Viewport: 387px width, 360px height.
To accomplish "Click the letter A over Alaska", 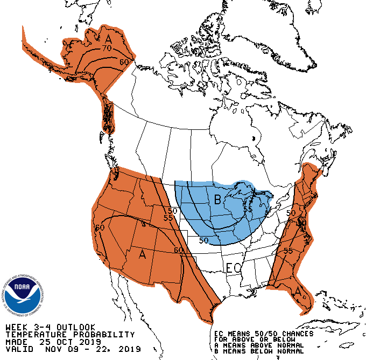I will tap(108, 39).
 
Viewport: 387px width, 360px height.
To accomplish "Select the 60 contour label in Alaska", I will tap(124, 62).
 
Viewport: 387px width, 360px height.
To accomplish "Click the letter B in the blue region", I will tap(218, 200).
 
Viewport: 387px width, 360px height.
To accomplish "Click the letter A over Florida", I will tap(298, 292).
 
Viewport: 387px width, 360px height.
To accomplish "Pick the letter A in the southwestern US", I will tap(142, 253).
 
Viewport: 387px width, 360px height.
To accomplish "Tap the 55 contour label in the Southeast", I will tap(288, 251).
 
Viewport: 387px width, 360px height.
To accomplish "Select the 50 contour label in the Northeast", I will tap(291, 213).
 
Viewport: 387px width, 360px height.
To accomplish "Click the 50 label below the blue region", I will tap(203, 240).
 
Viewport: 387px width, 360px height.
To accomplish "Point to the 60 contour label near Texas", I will tap(179, 250).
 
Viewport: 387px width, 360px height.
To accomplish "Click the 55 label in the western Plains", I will tap(168, 218).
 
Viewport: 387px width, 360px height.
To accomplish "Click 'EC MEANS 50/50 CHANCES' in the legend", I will tap(263, 334).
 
